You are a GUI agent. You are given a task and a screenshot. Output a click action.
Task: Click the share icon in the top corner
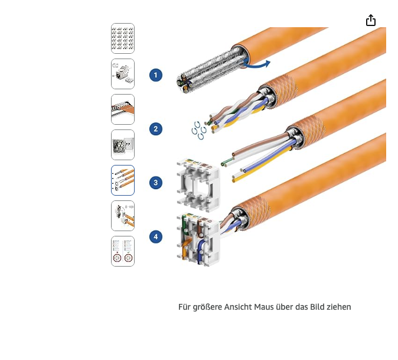tap(371, 20)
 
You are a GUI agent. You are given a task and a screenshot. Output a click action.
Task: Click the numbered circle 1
tap(156, 75)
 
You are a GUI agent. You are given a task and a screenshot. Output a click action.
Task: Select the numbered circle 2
tap(156, 129)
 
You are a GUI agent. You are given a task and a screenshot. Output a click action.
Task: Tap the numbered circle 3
tap(156, 183)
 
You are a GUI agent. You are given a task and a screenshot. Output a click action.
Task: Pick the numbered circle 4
tap(156, 236)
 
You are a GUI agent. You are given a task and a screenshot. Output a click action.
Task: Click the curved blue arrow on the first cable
tap(256, 66)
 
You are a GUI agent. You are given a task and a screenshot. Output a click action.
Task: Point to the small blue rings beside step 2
tap(199, 131)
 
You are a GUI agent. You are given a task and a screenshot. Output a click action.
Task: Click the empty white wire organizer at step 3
tap(198, 184)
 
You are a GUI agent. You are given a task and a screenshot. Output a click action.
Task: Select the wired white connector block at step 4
tap(198, 239)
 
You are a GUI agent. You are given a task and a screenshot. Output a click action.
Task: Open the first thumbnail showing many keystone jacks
tap(123, 38)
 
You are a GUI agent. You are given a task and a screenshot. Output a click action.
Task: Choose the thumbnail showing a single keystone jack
tap(123, 74)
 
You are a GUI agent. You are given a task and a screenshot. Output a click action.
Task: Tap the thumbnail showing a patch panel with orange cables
tap(123, 109)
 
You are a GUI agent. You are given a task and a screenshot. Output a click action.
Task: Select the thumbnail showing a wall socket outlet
tap(123, 145)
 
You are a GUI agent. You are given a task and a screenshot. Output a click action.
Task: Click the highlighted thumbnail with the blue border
tap(123, 180)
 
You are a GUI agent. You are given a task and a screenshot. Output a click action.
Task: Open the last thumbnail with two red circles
tap(123, 251)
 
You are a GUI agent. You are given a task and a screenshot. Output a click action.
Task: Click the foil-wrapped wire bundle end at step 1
tap(184, 83)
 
